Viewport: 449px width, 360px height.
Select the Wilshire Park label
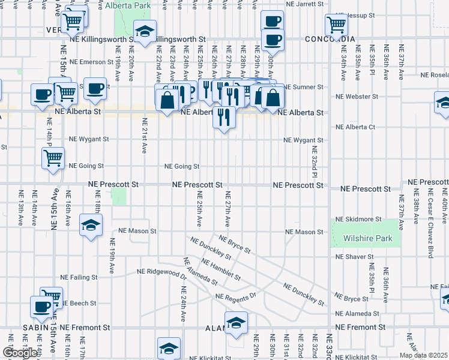tap(368, 238)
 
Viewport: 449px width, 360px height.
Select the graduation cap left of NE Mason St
tap(91, 226)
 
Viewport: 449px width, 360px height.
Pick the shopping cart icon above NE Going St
tap(53, 158)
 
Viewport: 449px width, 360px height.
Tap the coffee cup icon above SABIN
tap(42, 307)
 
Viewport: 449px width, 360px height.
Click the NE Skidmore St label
tap(359, 220)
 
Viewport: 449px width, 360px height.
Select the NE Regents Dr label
tap(236, 296)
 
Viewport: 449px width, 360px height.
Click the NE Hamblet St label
tap(221, 269)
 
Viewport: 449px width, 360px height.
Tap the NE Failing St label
tap(79, 278)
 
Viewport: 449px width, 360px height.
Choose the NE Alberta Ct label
tap(355, 127)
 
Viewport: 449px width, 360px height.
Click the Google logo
tap(19, 353)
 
